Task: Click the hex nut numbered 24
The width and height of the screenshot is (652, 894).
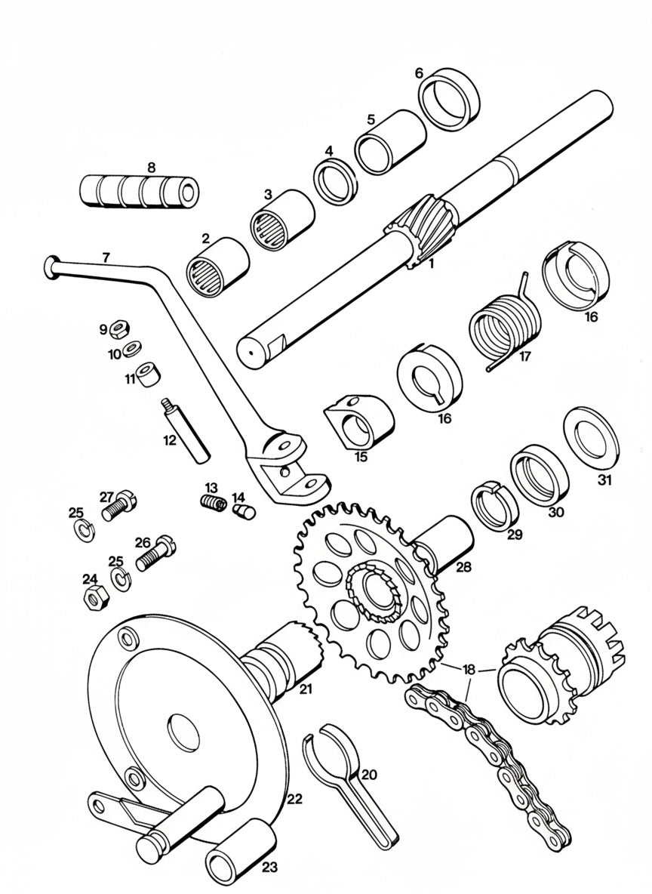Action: pos(94,601)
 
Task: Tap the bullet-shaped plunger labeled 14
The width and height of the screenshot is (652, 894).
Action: pos(242,513)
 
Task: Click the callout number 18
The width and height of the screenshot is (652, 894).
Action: pos(469,670)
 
